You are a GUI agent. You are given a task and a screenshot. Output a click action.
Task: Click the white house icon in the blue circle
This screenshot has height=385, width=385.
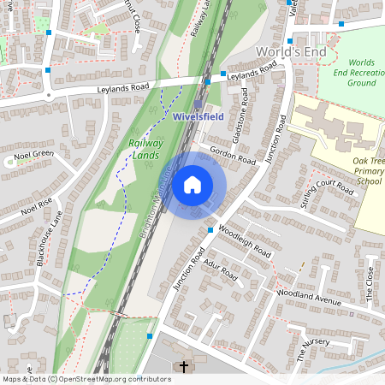click(x=192, y=184)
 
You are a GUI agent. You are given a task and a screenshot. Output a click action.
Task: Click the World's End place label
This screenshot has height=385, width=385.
click(x=292, y=53)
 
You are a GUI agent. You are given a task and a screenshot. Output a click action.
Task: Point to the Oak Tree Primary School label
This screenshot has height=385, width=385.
click(x=368, y=170)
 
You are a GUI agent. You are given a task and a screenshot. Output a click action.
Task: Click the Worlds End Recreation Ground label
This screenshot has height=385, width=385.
click(x=362, y=73)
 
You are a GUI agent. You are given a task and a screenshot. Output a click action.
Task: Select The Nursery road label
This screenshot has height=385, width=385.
click(x=313, y=346)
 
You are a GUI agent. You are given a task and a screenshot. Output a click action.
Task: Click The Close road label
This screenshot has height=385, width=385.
click(x=370, y=282)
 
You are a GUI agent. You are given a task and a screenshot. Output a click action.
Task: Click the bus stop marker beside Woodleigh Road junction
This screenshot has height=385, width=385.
click(x=210, y=229)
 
